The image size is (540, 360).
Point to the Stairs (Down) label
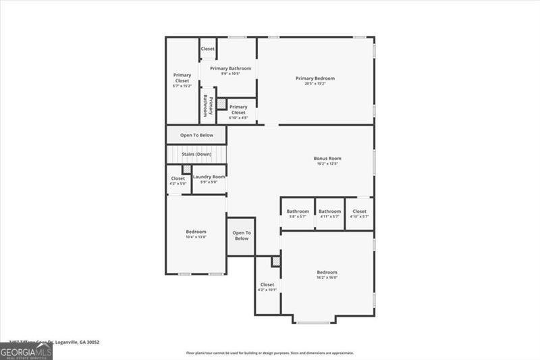196,155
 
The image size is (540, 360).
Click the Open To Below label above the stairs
196,135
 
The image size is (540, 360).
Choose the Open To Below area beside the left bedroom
241,236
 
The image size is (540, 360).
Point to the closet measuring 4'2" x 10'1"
267,287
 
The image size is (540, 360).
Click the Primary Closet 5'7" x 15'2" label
182,80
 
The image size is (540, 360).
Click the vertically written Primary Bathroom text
208,105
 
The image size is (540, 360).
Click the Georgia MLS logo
26,352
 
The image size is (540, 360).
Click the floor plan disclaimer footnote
270,353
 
